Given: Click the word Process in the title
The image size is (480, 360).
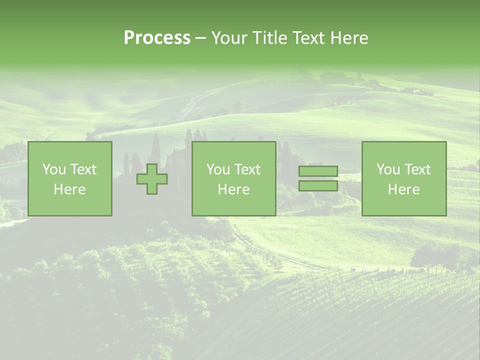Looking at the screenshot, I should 157,38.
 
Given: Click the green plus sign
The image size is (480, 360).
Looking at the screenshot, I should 152,179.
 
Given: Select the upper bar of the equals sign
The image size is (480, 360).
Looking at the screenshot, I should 318,171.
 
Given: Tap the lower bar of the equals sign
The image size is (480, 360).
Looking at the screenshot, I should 318,186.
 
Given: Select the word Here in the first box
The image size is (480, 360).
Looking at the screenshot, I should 70,189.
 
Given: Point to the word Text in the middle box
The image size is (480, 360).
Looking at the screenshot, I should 247,169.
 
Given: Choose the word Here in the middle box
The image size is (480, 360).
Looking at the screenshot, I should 234,189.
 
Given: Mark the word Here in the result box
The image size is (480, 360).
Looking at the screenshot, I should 404,189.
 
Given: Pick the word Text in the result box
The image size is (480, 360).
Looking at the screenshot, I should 417,169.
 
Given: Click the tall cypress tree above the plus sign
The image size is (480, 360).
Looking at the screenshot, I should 155,149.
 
